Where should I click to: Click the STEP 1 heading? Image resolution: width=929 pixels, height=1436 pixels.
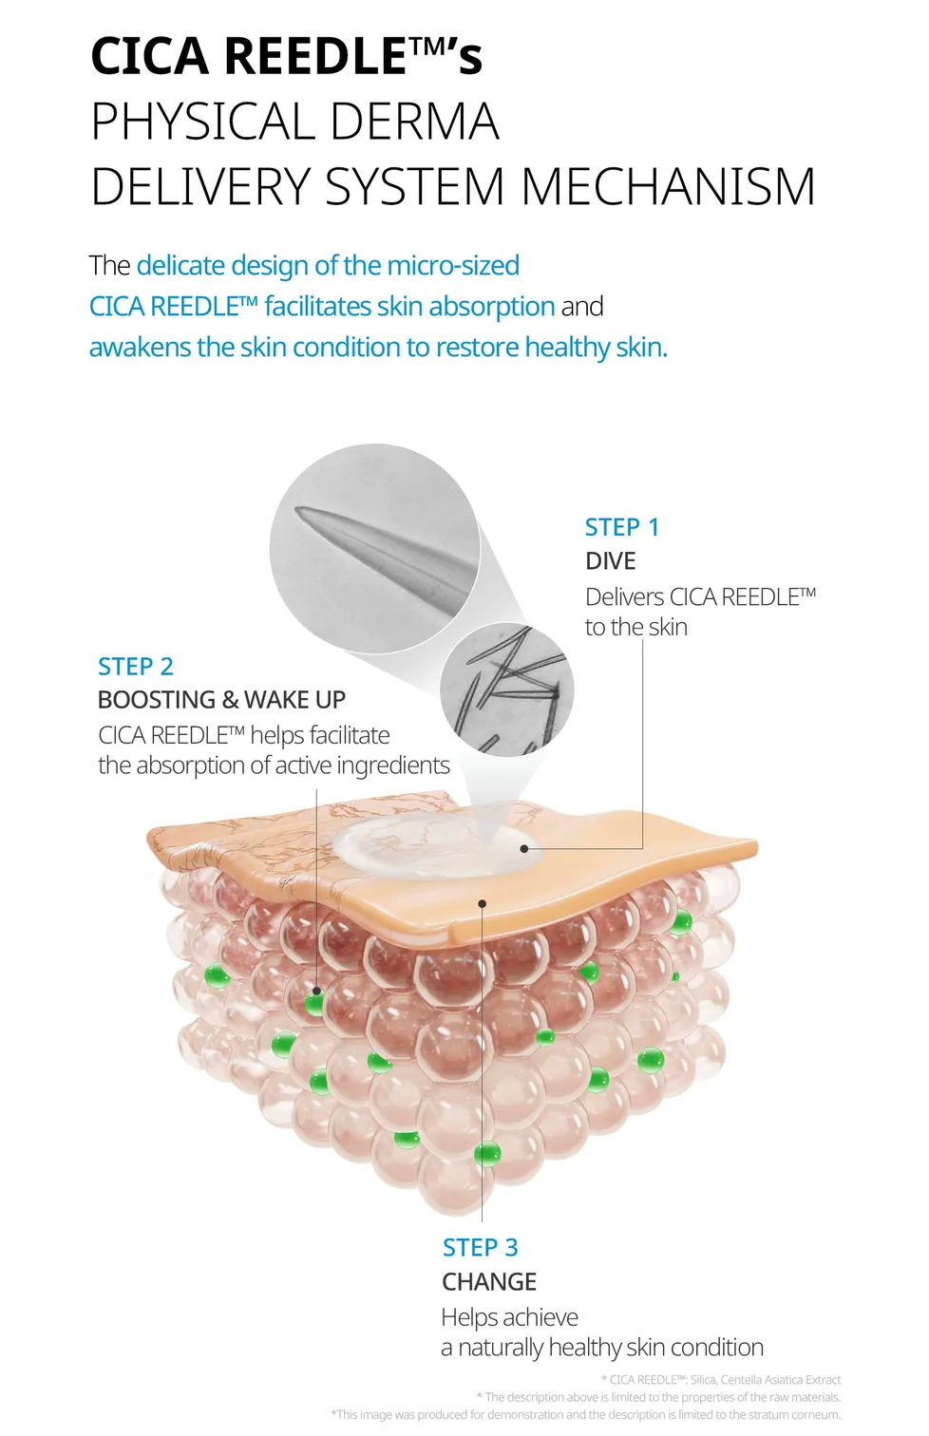(x=621, y=527)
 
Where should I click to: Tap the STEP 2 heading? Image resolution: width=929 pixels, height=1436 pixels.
(x=136, y=667)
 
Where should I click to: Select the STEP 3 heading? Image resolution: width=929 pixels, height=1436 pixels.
(x=480, y=1247)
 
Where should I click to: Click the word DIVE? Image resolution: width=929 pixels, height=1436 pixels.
(x=610, y=561)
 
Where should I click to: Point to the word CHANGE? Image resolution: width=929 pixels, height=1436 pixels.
(x=489, y=1282)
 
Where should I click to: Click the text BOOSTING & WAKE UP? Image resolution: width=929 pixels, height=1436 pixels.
(x=221, y=700)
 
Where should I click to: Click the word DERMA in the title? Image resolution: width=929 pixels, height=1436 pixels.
(x=415, y=122)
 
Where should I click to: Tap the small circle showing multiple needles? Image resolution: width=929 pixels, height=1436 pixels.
(x=506, y=690)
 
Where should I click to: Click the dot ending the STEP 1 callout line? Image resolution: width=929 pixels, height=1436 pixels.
(x=524, y=848)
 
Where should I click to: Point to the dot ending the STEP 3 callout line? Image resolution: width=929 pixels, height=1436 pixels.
(x=483, y=904)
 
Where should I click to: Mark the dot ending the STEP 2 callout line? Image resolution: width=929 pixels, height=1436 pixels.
(x=317, y=991)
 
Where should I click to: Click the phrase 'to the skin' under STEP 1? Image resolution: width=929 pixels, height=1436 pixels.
(x=635, y=628)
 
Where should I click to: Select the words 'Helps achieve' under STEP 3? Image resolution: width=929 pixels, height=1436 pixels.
(x=509, y=1317)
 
